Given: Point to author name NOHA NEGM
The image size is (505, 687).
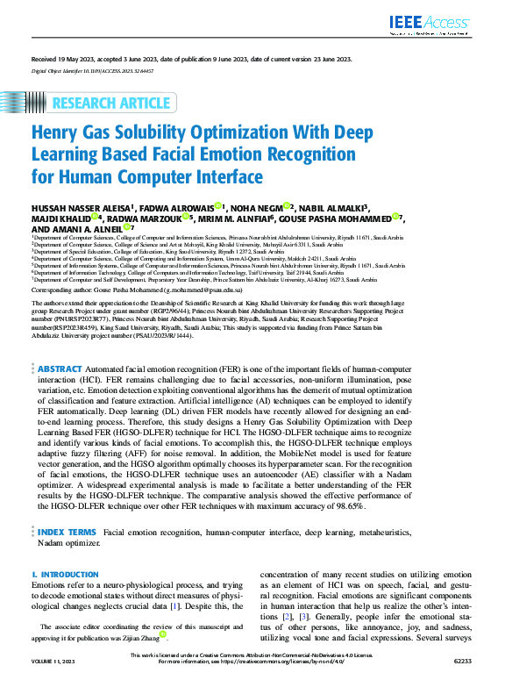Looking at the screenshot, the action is (260, 207).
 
